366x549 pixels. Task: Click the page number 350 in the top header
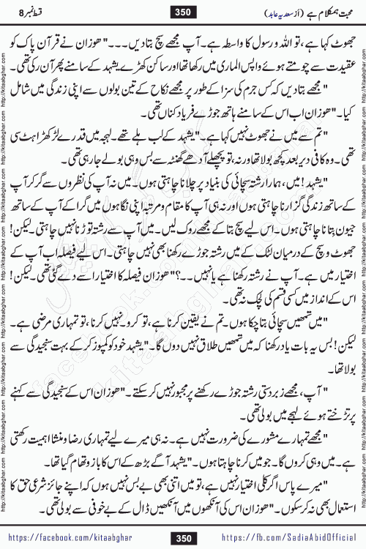coord(183,11)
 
